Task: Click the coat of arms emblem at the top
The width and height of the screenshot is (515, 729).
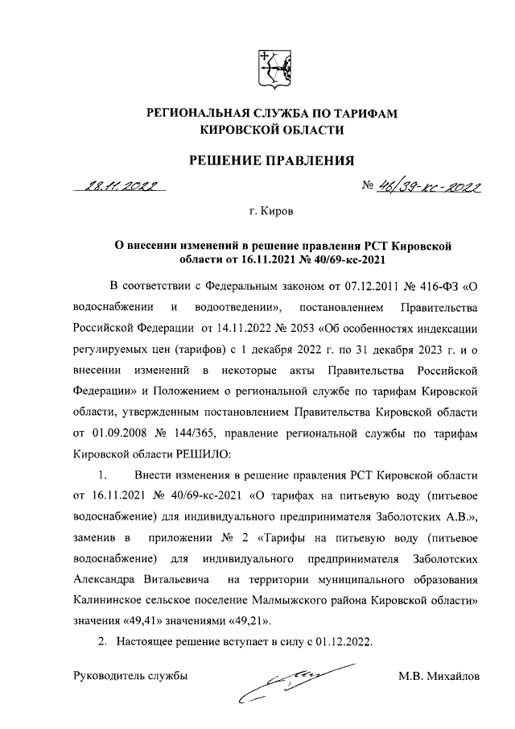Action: pyautogui.click(x=271, y=68)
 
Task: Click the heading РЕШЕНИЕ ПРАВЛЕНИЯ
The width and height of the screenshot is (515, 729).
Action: pyautogui.click(x=271, y=161)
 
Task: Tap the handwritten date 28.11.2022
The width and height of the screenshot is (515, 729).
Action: pyautogui.click(x=117, y=186)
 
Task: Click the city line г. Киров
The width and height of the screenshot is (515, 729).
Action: pyautogui.click(x=271, y=213)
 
